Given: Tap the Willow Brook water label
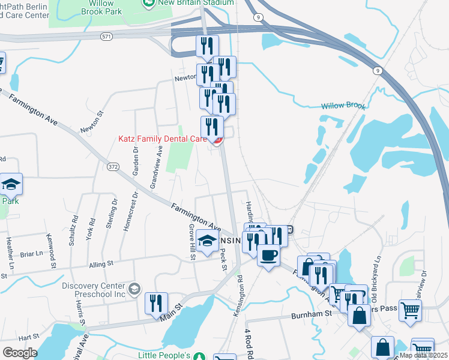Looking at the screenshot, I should pos(343,106).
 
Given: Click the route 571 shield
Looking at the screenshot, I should pos(106,37).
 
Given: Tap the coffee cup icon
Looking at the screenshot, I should pos(268,255).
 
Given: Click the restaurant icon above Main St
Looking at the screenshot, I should pos(156,303).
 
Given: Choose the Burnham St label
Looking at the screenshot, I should pos(312,314).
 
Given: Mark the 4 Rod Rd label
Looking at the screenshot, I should pos(248,343).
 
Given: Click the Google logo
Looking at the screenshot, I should pos(20,353).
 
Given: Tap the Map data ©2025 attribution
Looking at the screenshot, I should pos(423,355).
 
